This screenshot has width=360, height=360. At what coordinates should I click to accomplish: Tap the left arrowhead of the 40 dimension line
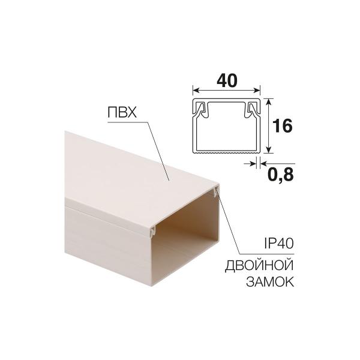[x=194, y=90]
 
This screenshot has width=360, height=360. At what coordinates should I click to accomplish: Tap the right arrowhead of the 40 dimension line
[x=258, y=90]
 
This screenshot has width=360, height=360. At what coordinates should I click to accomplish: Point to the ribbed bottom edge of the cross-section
[x=226, y=154]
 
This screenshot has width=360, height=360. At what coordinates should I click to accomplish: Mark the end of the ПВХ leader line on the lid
[x=170, y=179]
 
